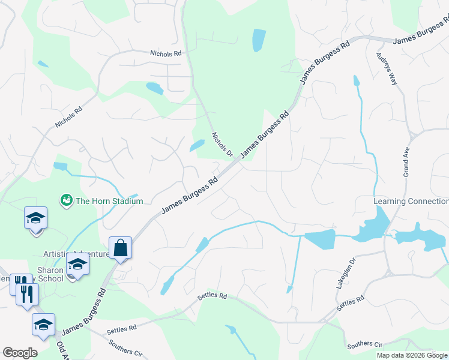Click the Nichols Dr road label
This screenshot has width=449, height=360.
[x=222, y=144]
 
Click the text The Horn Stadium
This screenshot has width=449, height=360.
[x=109, y=201]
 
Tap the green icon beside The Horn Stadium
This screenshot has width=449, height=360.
[x=66, y=199]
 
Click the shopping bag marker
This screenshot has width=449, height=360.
[x=121, y=248]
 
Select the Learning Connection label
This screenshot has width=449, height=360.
[x=411, y=201]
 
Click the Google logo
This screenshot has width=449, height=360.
[x=20, y=353]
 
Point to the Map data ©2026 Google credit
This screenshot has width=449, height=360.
[x=412, y=355]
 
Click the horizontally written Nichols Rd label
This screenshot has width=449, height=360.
[x=166, y=53]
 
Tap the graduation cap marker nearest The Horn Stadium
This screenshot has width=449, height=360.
[x=36, y=218]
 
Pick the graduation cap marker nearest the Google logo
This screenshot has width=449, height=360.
[x=43, y=325]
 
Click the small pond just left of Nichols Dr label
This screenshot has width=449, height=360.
[x=197, y=146]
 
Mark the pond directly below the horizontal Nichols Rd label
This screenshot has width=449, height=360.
[x=154, y=89]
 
